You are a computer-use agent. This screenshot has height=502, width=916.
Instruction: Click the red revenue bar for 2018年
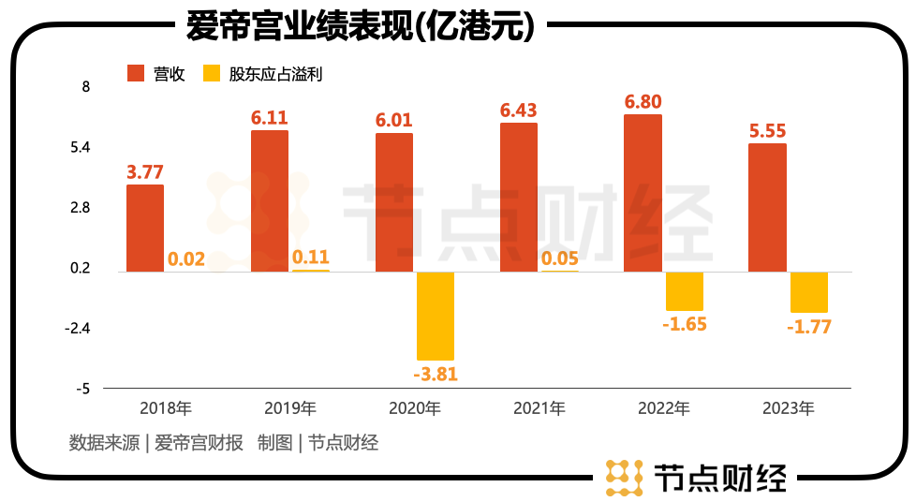145,228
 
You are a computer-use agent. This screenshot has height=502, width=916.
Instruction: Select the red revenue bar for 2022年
643,193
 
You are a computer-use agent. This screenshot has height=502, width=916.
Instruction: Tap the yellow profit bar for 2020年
436,316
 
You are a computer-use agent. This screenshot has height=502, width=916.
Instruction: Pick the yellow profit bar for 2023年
809,292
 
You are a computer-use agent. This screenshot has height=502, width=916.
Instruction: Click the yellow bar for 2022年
685,291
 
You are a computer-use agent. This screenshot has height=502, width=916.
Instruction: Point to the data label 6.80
643,102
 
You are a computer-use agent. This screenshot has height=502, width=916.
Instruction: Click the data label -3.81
436,374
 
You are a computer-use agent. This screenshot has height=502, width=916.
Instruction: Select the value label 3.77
145,171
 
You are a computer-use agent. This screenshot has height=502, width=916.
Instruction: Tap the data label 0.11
310,257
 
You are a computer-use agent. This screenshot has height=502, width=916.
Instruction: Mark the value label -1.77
809,327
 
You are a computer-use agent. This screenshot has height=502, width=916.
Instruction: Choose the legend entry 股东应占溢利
263,73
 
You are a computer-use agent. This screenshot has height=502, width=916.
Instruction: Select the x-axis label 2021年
539,408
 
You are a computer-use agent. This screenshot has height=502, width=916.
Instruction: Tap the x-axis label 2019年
290,408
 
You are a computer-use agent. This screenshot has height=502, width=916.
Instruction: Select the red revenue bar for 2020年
394,202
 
